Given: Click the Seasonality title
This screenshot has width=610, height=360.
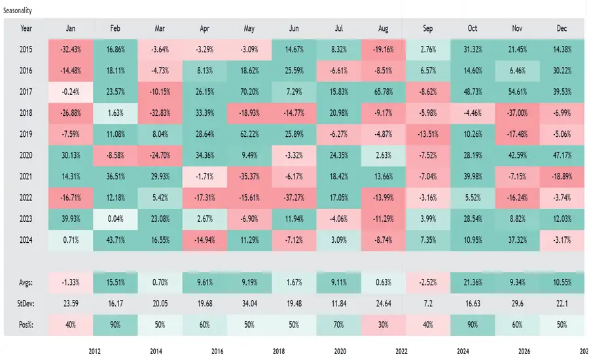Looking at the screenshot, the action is [x=18, y=10].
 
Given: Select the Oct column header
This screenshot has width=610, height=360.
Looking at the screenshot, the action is [x=473, y=28].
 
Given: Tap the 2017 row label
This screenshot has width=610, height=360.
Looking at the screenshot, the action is [x=26, y=92].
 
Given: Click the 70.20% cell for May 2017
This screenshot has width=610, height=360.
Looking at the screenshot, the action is [x=249, y=92].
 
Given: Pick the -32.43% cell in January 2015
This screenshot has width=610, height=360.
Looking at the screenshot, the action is [x=71, y=50].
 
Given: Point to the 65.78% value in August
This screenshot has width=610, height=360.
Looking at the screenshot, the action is [x=384, y=92].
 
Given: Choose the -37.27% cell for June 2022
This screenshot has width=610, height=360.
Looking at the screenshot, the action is [x=294, y=198].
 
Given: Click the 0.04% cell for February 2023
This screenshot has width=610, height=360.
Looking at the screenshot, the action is [x=116, y=219].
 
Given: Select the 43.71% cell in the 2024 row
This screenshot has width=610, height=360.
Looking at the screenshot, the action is [x=116, y=240].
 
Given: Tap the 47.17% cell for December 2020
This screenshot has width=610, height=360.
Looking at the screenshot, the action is [x=562, y=155].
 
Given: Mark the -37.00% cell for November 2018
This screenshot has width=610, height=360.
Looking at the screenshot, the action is [x=518, y=113].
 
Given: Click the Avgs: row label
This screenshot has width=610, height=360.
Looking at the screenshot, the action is [x=26, y=283].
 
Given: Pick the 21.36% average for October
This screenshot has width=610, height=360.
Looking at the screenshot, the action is [x=473, y=283].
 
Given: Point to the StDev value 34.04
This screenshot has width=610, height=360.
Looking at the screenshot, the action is [x=249, y=304].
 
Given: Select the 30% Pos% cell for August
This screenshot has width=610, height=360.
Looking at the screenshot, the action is [x=384, y=325].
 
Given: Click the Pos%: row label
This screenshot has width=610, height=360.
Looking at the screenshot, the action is [x=26, y=325].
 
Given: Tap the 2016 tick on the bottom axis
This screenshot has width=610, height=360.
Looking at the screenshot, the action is [x=217, y=351].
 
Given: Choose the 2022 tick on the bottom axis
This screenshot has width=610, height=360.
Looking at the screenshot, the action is [x=401, y=351].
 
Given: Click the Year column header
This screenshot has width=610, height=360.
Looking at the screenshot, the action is [x=26, y=28].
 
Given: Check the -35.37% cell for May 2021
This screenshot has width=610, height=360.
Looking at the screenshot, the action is [x=249, y=177].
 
